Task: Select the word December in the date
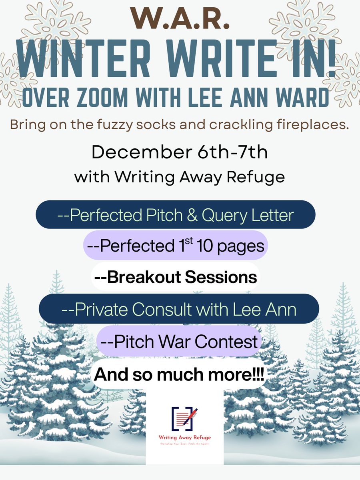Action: [137, 152]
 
